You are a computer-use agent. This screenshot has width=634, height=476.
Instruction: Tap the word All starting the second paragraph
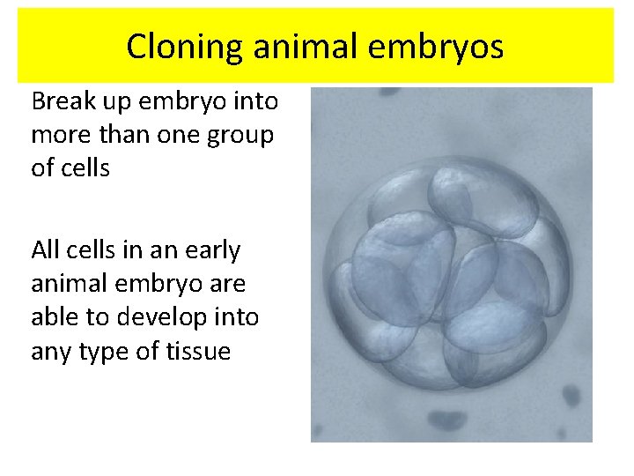tap(46, 250)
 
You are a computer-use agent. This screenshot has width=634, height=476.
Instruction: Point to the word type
tap(113, 352)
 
